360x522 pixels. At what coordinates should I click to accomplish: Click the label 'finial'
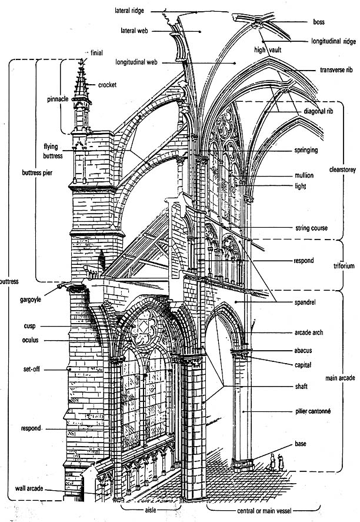coord(96,53)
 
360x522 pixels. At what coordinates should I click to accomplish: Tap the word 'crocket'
coord(107,85)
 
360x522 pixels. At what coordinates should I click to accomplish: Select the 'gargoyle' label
coord(29,300)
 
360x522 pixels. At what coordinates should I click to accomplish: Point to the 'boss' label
coord(319,22)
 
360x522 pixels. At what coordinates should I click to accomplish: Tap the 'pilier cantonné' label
coord(312,411)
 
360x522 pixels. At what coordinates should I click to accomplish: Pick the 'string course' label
coord(311,228)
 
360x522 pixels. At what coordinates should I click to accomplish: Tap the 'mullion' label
coord(304,175)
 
